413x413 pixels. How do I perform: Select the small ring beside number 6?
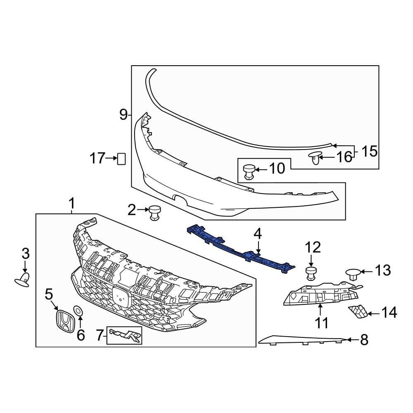coord(78,311)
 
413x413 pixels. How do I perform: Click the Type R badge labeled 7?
coord(125,335)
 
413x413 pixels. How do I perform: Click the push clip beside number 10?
coord(249,171)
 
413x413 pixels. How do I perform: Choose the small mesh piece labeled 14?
coord(358,312)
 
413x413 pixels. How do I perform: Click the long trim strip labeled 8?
coord(301,340)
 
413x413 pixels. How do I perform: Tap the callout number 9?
coord(123,114)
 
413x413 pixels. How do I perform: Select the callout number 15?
coord(370,152)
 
